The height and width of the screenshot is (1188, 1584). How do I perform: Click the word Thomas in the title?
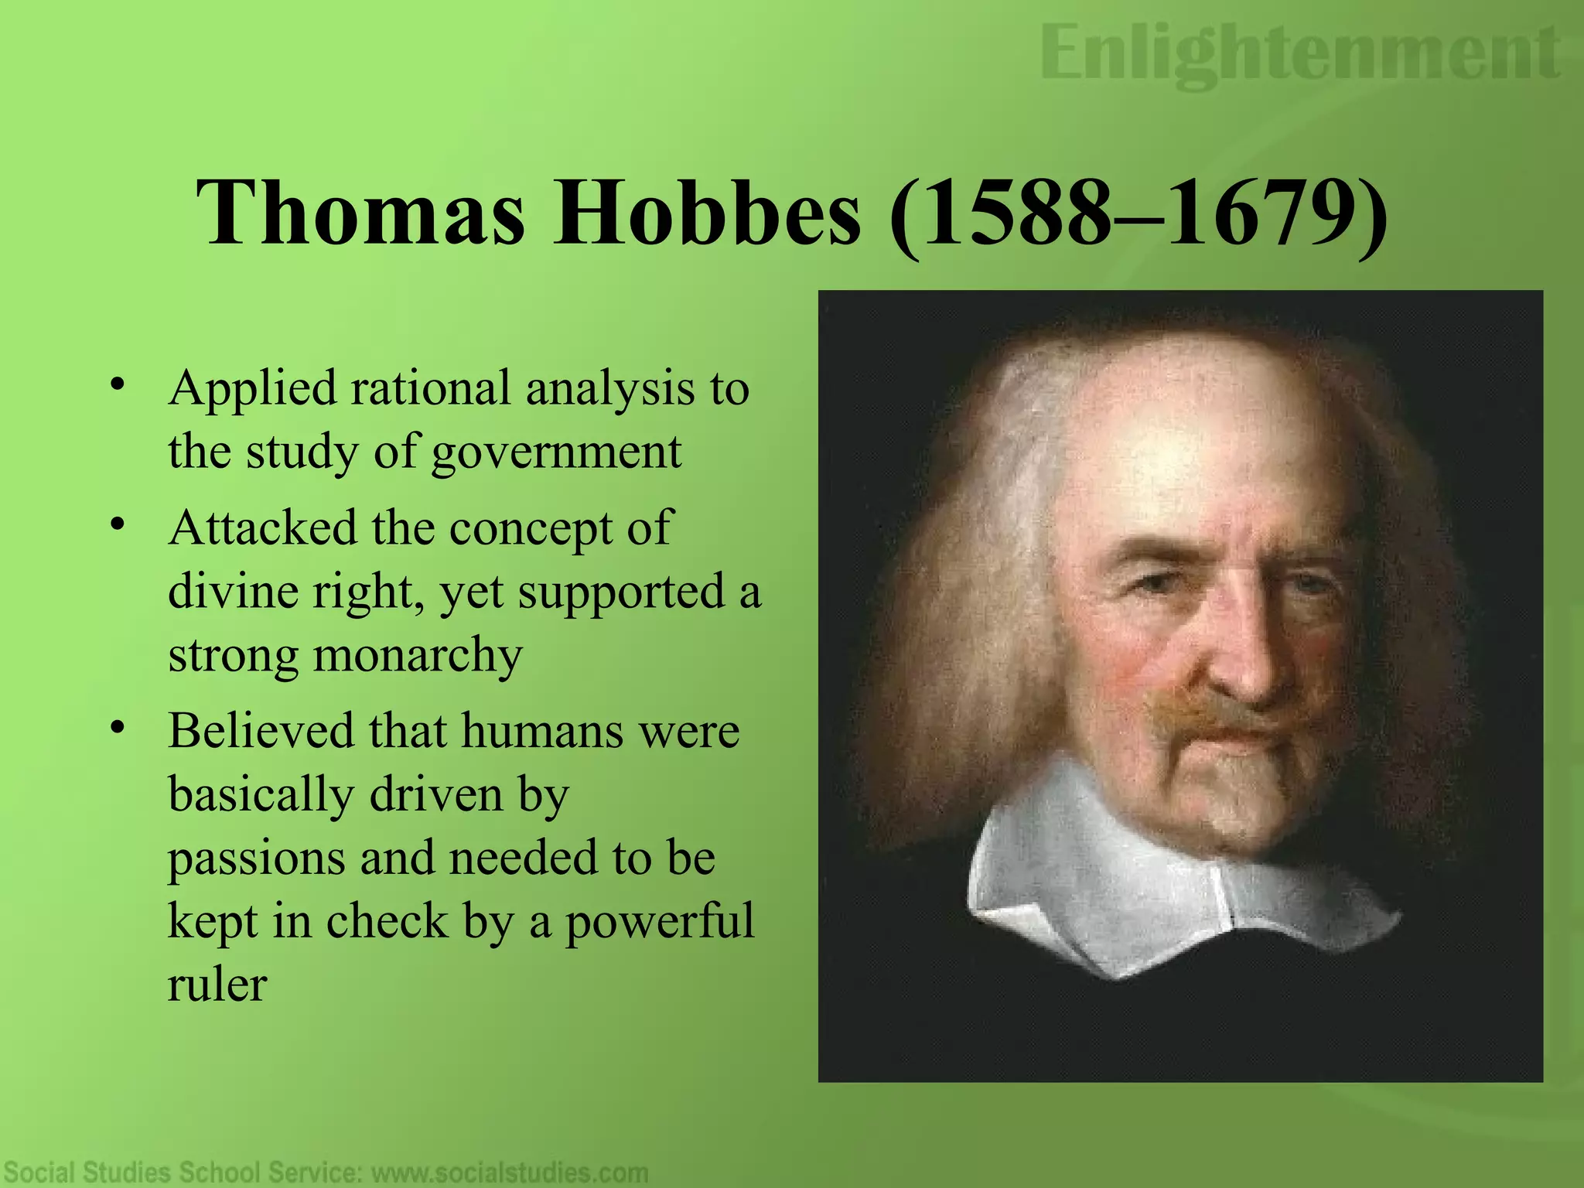(x=360, y=211)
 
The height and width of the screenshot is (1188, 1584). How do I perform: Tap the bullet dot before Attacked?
(x=117, y=524)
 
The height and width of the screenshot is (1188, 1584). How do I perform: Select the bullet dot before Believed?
(x=117, y=727)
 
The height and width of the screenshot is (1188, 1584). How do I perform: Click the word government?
(x=556, y=453)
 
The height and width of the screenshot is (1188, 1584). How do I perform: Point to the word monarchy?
(x=418, y=656)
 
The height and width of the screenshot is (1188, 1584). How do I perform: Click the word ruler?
(x=217, y=985)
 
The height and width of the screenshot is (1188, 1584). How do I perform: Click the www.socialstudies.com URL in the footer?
(x=510, y=1173)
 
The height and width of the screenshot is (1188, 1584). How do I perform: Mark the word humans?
(x=541, y=730)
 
